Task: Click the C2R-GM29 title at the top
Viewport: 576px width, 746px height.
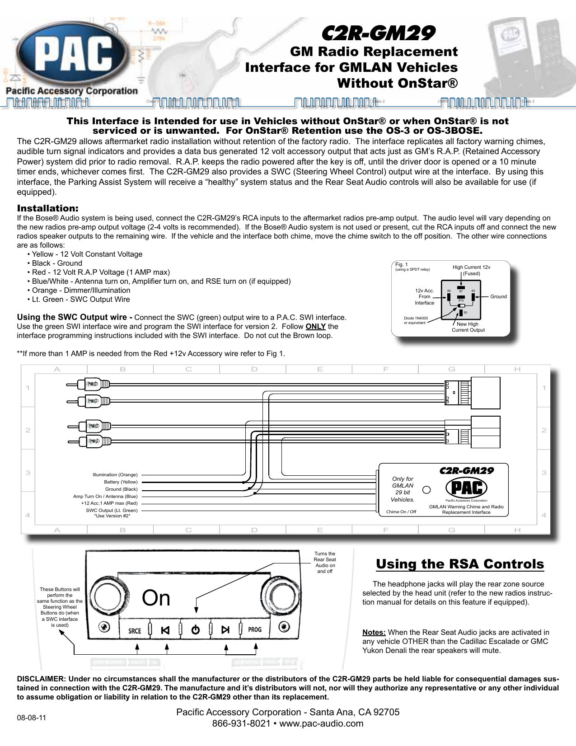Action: (x=378, y=33)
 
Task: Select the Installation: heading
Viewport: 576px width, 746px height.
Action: (x=47, y=208)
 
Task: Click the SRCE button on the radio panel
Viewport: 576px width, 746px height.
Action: (x=135, y=630)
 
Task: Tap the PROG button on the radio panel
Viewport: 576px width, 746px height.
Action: (x=255, y=629)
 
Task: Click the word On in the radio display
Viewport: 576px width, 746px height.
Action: (x=156, y=598)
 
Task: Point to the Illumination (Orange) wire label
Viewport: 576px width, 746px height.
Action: (x=115, y=475)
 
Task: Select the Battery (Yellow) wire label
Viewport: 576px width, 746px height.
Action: (x=121, y=482)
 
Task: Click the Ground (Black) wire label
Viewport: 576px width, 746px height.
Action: (x=121, y=489)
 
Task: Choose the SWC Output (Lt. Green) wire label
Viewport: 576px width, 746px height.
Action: (x=112, y=511)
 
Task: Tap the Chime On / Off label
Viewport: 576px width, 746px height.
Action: (x=401, y=512)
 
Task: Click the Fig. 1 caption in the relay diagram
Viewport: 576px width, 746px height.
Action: (x=402, y=265)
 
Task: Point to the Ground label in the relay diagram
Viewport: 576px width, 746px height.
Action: (x=498, y=297)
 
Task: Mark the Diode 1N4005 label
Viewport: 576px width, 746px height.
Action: (x=416, y=319)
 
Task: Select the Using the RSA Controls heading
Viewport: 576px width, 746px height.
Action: (x=460, y=564)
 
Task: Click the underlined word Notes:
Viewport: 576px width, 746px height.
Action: (x=374, y=633)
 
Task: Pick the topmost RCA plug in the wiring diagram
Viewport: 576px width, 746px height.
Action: (x=93, y=385)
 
